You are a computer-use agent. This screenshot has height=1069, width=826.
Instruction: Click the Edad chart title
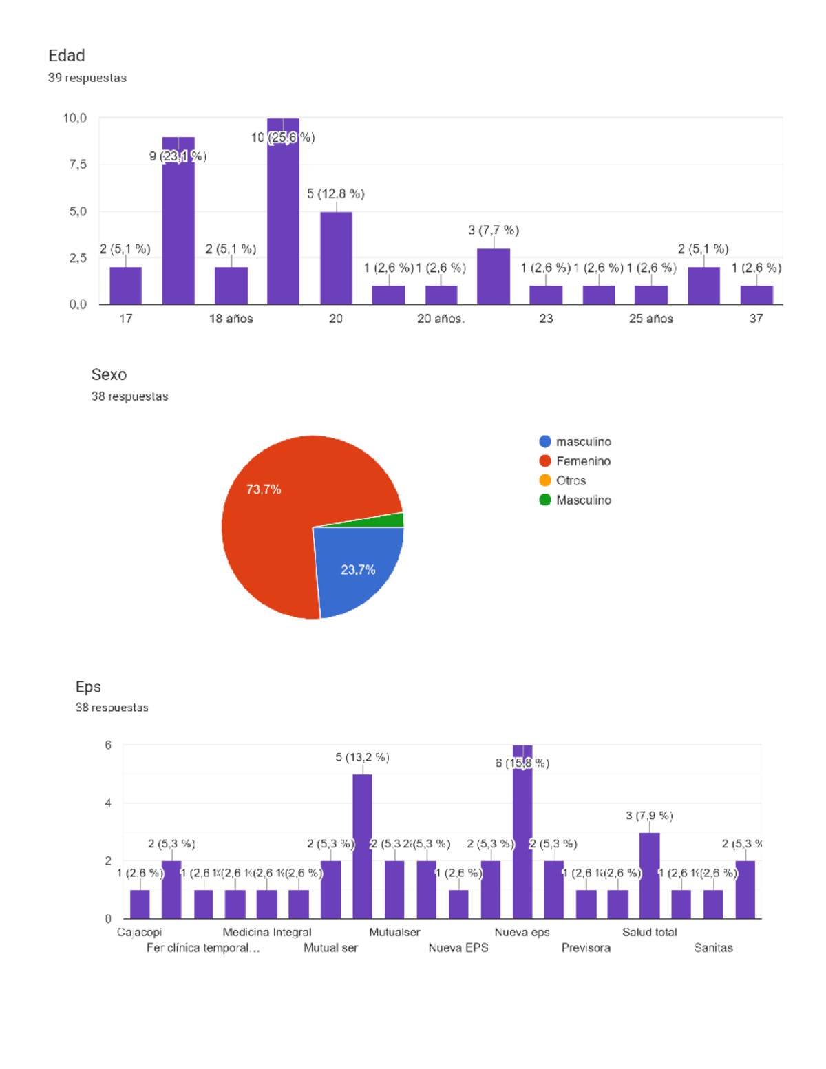point(67,56)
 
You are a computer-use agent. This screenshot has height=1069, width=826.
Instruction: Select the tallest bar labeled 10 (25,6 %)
point(283,220)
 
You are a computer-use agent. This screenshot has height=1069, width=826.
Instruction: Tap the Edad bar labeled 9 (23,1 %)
point(178,227)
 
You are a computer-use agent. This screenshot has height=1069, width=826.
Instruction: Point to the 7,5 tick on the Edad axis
point(78,165)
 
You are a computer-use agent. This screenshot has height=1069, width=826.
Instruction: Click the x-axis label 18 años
point(231,319)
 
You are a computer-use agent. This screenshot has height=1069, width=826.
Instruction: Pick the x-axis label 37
point(756,319)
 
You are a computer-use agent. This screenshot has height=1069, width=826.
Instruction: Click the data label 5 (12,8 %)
point(335,194)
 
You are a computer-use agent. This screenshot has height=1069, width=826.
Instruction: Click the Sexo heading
point(109,374)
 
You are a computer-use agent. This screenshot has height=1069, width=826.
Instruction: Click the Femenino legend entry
point(583,461)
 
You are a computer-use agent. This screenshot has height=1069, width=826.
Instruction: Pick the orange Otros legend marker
point(545,480)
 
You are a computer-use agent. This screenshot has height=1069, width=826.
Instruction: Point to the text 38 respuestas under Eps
point(112,708)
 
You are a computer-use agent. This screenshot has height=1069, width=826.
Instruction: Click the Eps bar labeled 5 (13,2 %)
point(363,847)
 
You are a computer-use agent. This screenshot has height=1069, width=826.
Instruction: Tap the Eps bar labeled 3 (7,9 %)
point(649,876)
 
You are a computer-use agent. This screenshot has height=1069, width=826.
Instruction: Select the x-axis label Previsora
point(586,948)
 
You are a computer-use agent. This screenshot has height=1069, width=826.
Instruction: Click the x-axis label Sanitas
point(713,948)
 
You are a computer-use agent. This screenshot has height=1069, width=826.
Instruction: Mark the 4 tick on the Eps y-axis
point(108,803)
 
